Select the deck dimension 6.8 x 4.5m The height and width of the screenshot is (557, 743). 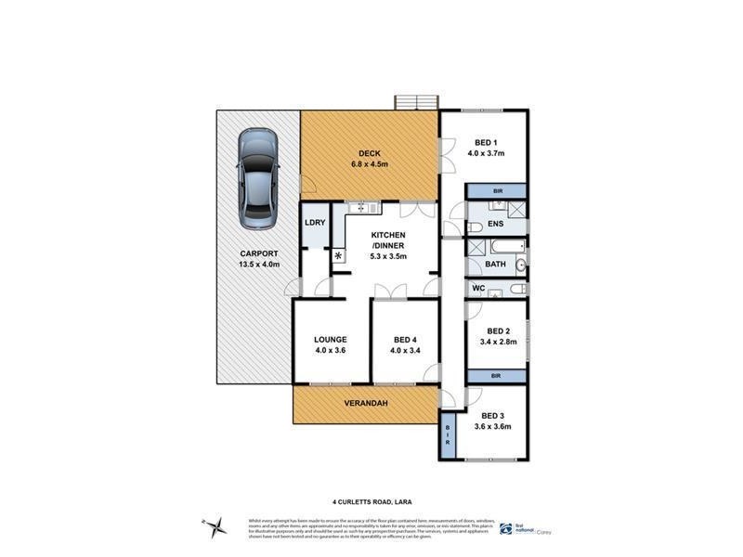(x=369, y=164)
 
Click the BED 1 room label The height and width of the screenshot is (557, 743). (x=485, y=142)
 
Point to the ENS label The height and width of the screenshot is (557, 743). (x=497, y=225)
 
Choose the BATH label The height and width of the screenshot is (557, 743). (x=496, y=265)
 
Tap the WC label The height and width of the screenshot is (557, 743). (x=479, y=289)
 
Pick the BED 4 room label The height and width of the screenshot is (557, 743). (x=405, y=340)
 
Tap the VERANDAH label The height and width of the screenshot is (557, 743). (x=365, y=404)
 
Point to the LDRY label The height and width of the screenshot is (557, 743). (x=313, y=223)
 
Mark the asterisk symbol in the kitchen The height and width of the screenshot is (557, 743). (x=338, y=255)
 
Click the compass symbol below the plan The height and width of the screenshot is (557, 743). (x=216, y=525)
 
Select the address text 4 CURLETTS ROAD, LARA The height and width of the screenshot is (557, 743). (x=371, y=499)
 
